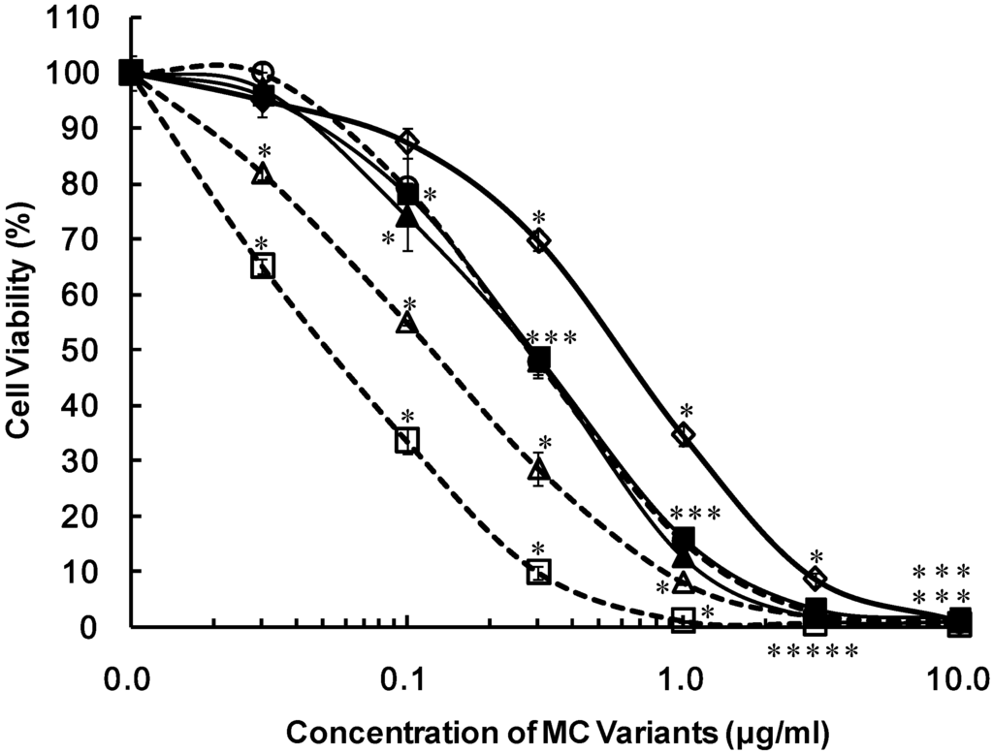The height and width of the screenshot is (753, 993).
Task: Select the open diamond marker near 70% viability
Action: point(539,239)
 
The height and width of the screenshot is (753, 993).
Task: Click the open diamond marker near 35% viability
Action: point(684,434)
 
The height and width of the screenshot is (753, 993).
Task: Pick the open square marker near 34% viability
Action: point(407,440)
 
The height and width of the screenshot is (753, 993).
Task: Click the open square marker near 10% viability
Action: point(539,572)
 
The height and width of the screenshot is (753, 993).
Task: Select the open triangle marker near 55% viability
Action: point(407,323)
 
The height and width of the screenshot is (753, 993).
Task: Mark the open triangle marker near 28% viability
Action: point(539,470)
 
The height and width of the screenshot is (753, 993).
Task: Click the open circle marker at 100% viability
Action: point(263,72)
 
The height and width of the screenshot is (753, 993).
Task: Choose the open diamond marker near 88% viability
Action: point(407,142)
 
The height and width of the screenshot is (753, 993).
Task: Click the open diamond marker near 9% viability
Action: point(816,579)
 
